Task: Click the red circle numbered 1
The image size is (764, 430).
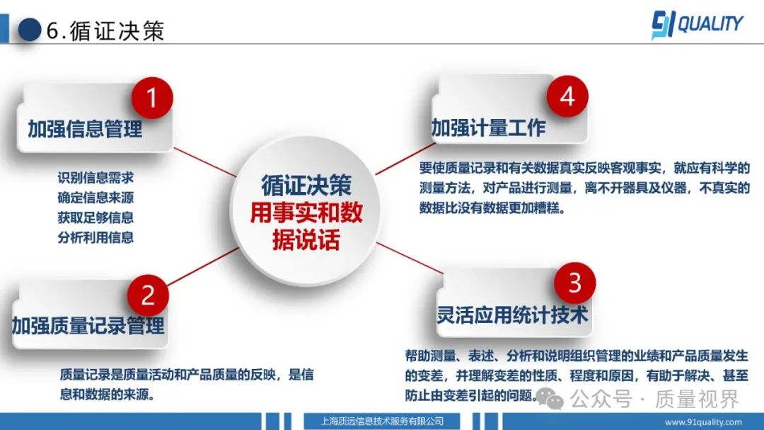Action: tap(152, 98)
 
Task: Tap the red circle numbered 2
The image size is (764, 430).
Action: tap(148, 295)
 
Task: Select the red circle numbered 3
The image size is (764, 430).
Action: tap(575, 283)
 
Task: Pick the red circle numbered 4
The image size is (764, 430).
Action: tap(567, 96)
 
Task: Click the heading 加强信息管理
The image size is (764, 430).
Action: tap(86, 129)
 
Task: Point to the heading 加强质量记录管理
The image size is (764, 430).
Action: tap(88, 326)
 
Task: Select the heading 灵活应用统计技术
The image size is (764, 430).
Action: tap(512, 315)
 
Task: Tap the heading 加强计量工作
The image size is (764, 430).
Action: tap(489, 128)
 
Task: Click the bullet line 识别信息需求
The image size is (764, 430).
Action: tap(95, 178)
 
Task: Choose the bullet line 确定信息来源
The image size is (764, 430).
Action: tap(95, 198)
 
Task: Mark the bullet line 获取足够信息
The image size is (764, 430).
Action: tap(95, 217)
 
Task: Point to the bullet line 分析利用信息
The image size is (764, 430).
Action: tap(95, 238)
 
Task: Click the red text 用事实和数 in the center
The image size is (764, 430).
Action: tap(306, 213)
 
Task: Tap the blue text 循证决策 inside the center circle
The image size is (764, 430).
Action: tap(306, 186)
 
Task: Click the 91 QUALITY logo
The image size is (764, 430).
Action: tap(698, 24)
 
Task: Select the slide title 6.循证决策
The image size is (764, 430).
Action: tap(105, 30)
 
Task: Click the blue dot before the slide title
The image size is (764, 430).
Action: tap(30, 29)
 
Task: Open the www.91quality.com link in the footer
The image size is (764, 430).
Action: tap(703, 422)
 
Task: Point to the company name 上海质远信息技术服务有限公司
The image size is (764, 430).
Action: tap(382, 421)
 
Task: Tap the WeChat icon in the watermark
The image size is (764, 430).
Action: tap(550, 399)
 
